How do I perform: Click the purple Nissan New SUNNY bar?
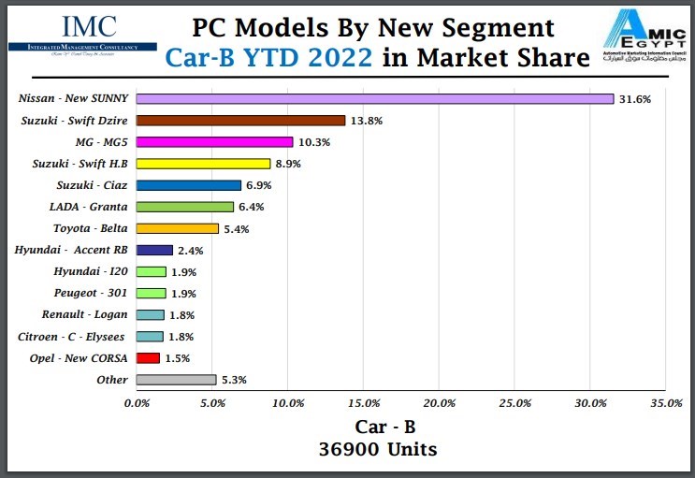(x=374, y=98)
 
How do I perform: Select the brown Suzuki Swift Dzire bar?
(x=240, y=121)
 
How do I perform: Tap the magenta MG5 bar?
(x=214, y=142)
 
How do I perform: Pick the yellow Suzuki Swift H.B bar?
(x=203, y=164)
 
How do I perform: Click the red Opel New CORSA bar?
(x=148, y=358)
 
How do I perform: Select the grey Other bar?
(x=176, y=380)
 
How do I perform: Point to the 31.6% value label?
(x=637, y=98)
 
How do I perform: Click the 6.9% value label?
(x=259, y=185)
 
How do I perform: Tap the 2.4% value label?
(x=190, y=251)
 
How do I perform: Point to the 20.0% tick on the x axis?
(x=439, y=403)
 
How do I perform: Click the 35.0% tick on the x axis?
(x=665, y=403)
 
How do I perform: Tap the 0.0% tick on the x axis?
(x=137, y=403)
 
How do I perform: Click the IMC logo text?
(x=89, y=27)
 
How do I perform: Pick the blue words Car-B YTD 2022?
(x=271, y=58)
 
